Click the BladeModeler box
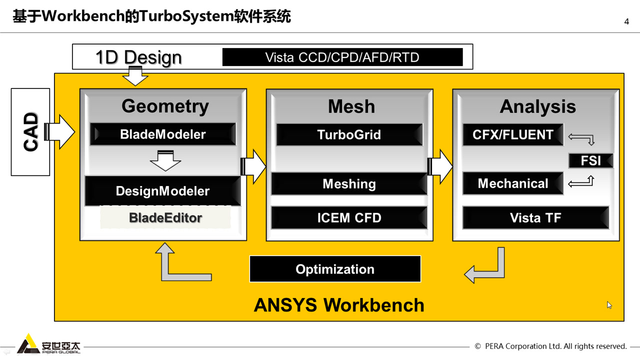click(x=163, y=134)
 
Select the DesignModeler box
click(x=163, y=191)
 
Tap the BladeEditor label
click(x=165, y=218)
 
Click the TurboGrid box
click(x=349, y=134)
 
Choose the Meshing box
click(x=349, y=184)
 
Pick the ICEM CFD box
click(x=349, y=218)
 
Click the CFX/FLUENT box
click(x=513, y=134)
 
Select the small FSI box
click(x=590, y=161)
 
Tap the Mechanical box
click(x=513, y=183)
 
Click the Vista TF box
click(x=535, y=218)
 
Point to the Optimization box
click(x=335, y=269)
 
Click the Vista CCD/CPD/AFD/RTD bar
click(x=342, y=57)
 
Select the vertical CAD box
click(x=30, y=132)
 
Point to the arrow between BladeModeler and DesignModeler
click(x=165, y=160)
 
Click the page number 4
click(x=626, y=21)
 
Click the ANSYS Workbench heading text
click(x=339, y=305)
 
